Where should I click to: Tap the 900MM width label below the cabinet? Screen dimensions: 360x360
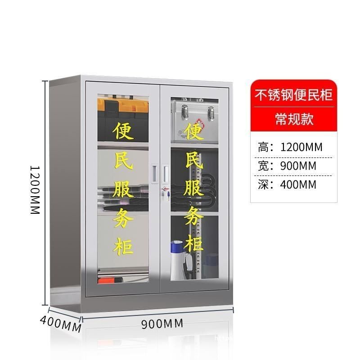[162, 323]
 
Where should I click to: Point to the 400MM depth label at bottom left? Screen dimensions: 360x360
[60, 323]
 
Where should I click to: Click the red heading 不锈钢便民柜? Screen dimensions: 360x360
[294, 95]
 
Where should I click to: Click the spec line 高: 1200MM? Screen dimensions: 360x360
[290, 147]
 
